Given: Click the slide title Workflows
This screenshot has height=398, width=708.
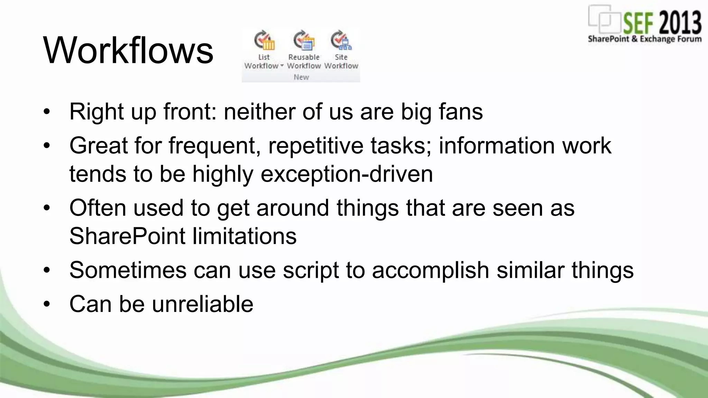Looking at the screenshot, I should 128,50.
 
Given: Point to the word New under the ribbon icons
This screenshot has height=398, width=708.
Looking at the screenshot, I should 301,77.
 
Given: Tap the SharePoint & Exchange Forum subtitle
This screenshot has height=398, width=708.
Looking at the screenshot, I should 645,39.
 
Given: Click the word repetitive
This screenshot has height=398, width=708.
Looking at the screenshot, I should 316,145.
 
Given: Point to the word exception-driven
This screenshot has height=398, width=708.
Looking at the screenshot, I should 346,173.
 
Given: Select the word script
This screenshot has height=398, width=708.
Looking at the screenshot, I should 311,270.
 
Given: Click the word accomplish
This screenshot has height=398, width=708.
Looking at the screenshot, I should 430,270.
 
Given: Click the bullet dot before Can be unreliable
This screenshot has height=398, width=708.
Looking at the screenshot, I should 47,304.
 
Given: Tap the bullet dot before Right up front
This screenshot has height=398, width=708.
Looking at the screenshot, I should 47,112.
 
